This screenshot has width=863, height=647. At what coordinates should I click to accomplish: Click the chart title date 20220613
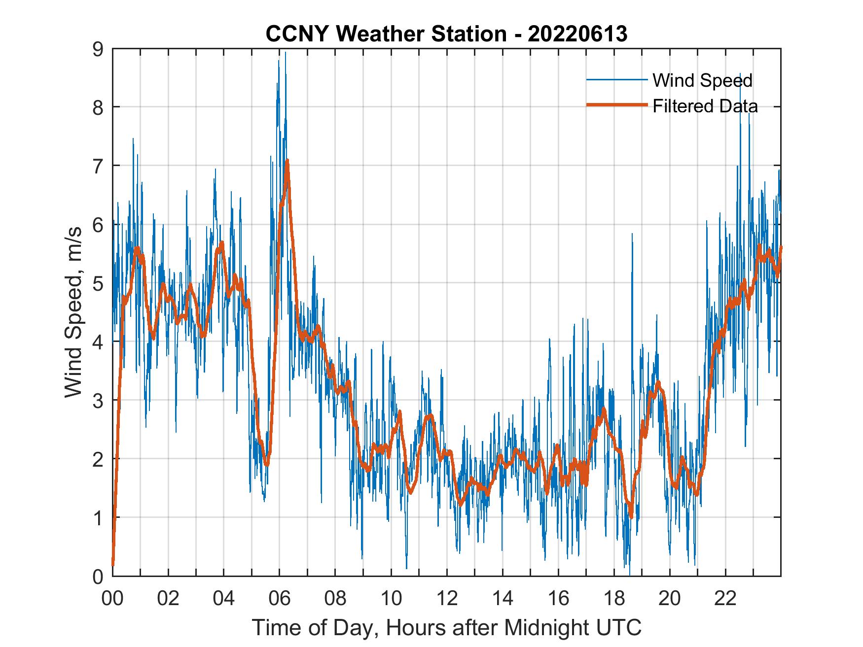(577, 34)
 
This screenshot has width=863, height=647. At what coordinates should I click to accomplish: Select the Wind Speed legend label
(702, 80)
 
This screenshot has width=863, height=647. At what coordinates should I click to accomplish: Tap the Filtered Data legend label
(705, 106)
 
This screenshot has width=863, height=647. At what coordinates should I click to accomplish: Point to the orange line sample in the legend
(616, 105)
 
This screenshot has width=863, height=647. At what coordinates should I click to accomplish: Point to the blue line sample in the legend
(616, 80)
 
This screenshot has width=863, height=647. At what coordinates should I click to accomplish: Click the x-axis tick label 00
(113, 599)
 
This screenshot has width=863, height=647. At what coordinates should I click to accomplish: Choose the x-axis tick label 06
(280, 599)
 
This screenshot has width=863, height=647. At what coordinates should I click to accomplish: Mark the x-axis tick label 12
(447, 599)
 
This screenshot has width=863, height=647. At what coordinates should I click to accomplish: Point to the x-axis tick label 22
(725, 599)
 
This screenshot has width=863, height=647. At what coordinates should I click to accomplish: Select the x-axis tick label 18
(614, 599)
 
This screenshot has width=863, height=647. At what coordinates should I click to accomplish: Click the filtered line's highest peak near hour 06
(287, 161)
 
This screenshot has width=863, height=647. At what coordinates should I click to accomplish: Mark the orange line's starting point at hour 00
(113, 564)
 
